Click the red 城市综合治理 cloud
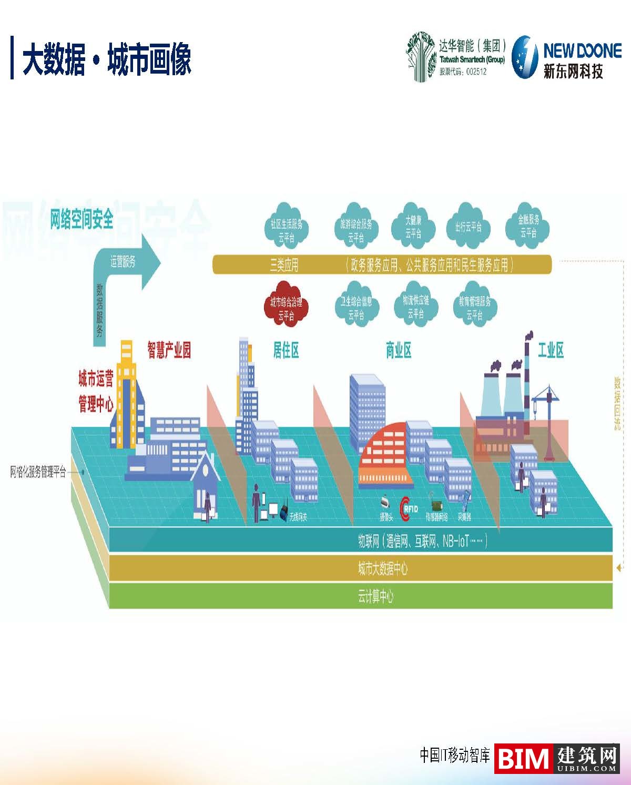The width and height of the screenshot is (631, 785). pyautogui.click(x=286, y=308)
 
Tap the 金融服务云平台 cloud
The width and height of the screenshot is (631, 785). pyautogui.click(x=528, y=226)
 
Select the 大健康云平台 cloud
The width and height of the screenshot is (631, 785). pyautogui.click(x=413, y=226)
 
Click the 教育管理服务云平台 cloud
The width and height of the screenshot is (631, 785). pyautogui.click(x=474, y=308)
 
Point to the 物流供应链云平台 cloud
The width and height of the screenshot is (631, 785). pyautogui.click(x=415, y=307)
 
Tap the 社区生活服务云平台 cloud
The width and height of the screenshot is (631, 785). pyautogui.click(x=286, y=227)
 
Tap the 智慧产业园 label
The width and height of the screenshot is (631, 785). pyautogui.click(x=169, y=350)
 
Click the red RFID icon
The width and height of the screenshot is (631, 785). pyautogui.click(x=409, y=508)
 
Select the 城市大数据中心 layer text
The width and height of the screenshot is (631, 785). pyautogui.click(x=382, y=568)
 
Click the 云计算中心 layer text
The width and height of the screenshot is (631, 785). pyautogui.click(x=375, y=596)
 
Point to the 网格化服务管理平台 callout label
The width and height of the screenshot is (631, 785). pyautogui.click(x=38, y=472)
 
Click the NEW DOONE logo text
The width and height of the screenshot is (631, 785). pyautogui.click(x=582, y=51)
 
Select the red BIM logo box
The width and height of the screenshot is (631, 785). pyautogui.click(x=523, y=759)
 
